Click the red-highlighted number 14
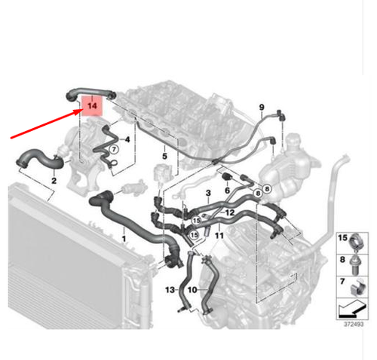pyautogui.click(x=90, y=106)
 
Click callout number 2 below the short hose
pyautogui.click(x=54, y=181)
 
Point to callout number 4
pyautogui.click(x=128, y=139)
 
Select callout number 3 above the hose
pyautogui.click(x=207, y=194)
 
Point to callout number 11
pyautogui.click(x=219, y=236)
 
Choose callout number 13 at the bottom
pyautogui.click(x=170, y=289)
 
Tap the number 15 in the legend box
pyautogui.click(x=343, y=238)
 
